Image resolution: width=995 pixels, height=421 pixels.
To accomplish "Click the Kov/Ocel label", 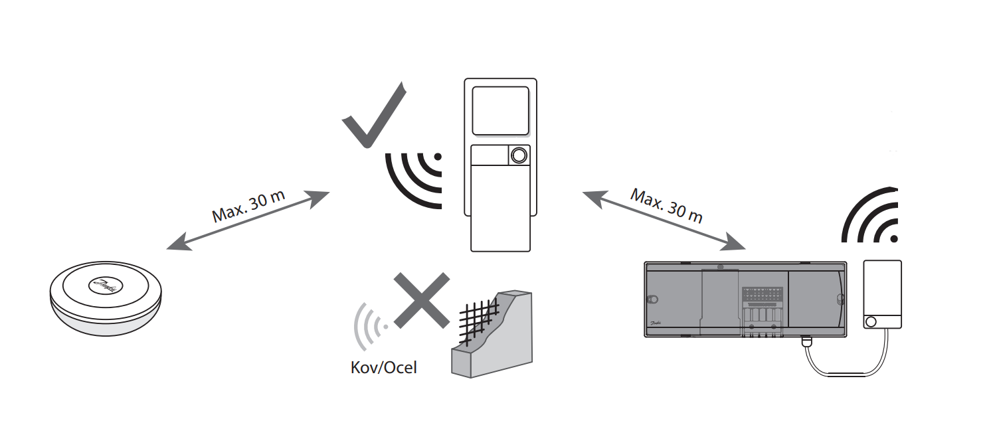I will click(383, 367).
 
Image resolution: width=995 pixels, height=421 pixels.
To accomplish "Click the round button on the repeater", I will click(519, 155).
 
